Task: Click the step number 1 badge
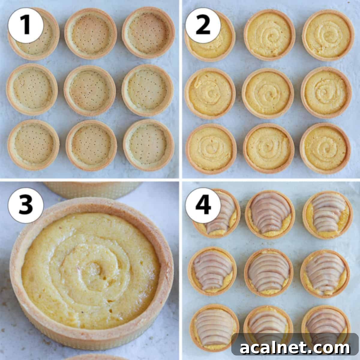[x=26, y=25]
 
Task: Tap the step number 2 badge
[x=203, y=25]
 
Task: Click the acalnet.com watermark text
[x=295, y=348]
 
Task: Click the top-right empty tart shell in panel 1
[x=148, y=33]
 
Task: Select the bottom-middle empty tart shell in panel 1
[x=91, y=146]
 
